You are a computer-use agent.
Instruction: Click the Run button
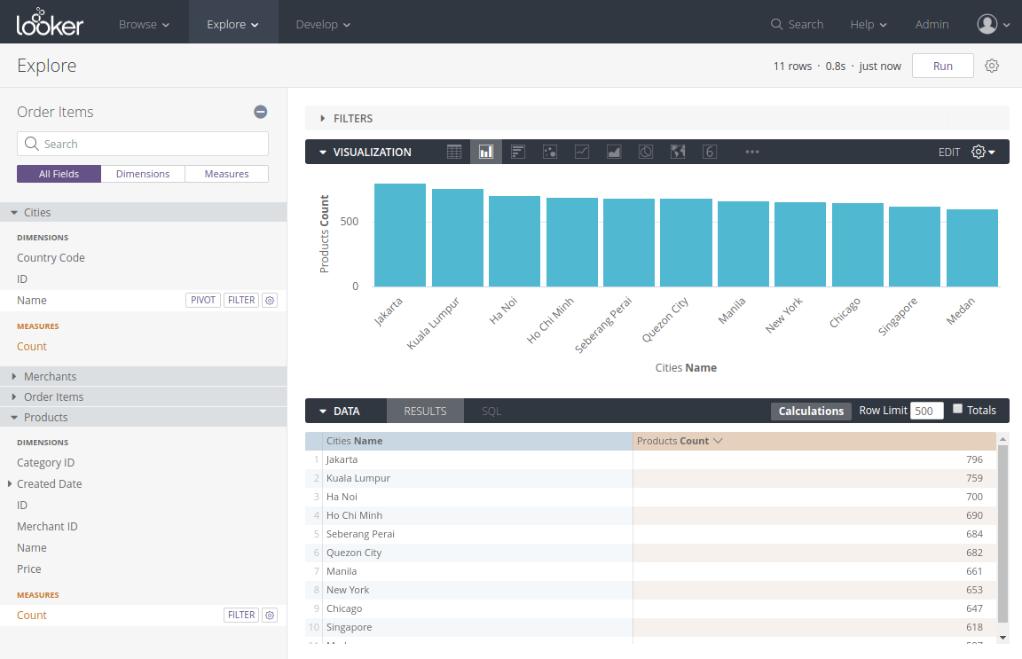942,67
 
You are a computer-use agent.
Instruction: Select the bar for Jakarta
400,235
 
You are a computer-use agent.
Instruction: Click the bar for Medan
971,247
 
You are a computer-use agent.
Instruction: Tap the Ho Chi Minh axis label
551,320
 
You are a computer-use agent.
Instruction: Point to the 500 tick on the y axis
350,221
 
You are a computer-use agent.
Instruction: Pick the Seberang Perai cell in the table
360,534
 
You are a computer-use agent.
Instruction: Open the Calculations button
811,411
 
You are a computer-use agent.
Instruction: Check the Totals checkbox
957,409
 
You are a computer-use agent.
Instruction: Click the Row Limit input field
926,411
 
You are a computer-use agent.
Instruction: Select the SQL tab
491,411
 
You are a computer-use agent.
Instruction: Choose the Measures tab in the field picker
226,174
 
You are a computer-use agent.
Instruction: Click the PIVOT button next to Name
203,301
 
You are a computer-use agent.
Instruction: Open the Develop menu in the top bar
323,24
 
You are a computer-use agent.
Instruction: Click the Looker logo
50,22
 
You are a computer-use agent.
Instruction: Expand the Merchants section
50,377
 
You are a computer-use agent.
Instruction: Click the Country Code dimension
51,258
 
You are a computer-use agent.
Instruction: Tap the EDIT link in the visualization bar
949,153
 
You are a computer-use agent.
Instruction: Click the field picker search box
143,144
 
